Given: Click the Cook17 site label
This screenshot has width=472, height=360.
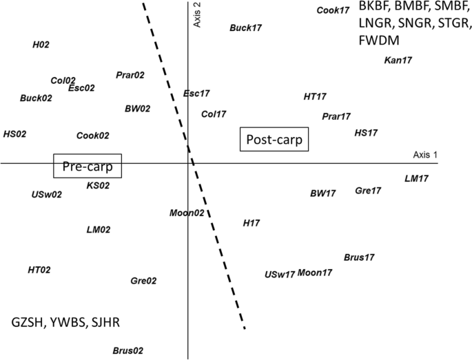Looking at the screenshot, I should (333, 10).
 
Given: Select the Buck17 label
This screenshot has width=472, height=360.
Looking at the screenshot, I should (246, 28).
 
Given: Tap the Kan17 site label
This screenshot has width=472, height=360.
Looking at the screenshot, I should (398, 61).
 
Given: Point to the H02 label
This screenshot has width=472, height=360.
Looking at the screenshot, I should (41, 45).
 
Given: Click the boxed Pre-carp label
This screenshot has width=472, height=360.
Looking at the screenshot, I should (88, 167).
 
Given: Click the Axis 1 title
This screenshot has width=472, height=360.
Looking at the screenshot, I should (425, 156).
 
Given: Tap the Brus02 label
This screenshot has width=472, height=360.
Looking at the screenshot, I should (127, 350).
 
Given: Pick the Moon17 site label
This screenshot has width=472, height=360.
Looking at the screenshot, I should (315, 273).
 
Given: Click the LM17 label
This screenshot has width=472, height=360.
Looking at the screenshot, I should (416, 179).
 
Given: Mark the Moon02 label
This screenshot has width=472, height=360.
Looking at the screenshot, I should (187, 213).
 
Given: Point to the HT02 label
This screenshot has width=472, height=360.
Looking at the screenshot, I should (39, 270).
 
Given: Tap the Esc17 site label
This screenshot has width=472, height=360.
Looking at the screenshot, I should (196, 94).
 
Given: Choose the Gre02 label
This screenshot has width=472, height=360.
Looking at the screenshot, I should (143, 281).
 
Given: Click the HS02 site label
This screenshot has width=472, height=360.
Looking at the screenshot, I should (15, 134).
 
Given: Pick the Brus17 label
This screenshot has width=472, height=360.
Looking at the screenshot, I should (359, 257).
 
